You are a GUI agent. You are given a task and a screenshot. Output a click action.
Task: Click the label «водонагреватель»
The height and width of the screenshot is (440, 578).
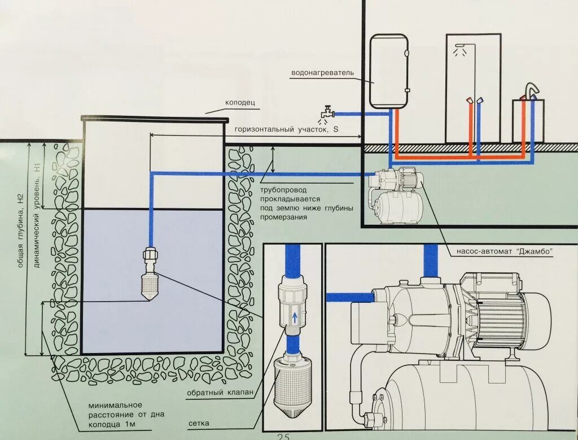322,73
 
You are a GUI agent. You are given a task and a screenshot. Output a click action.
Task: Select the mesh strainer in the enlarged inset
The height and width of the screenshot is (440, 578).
291,385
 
